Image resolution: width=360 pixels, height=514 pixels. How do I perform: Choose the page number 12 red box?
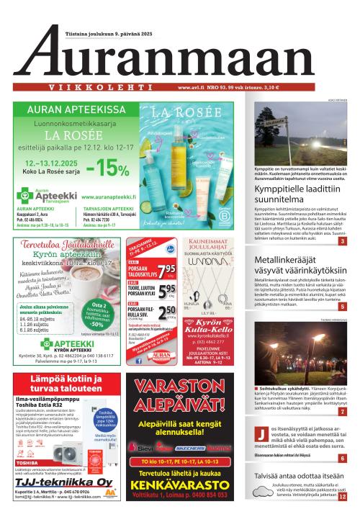click(342, 496)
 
